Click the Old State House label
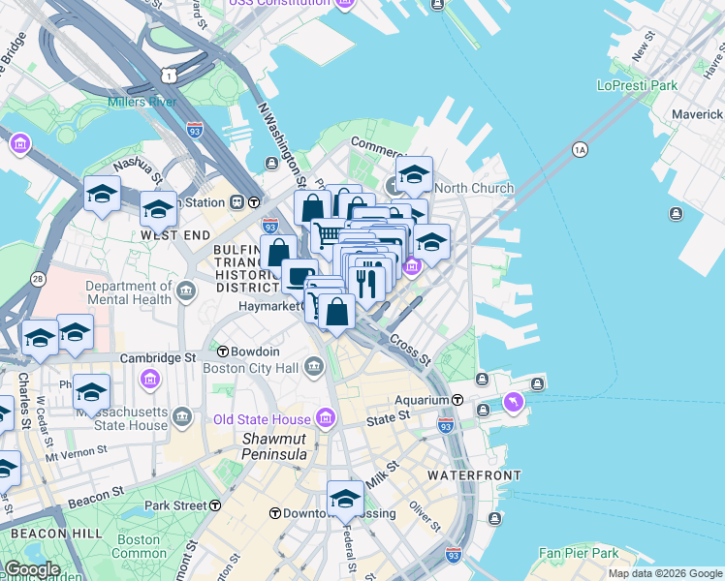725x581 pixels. click(262, 419)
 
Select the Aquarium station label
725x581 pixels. click(422, 399)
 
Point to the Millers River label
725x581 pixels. click(142, 102)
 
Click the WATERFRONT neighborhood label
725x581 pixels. click(474, 475)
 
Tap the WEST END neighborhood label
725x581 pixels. click(174, 235)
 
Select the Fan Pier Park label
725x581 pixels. click(579, 554)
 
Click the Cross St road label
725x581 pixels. click(410, 350)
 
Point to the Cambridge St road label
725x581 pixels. click(158, 358)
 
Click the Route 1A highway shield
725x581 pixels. click(580, 149)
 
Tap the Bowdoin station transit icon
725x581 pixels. click(223, 351)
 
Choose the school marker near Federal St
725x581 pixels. click(345, 500)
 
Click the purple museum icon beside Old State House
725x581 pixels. click(325, 419)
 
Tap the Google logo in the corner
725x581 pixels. click(32, 569)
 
